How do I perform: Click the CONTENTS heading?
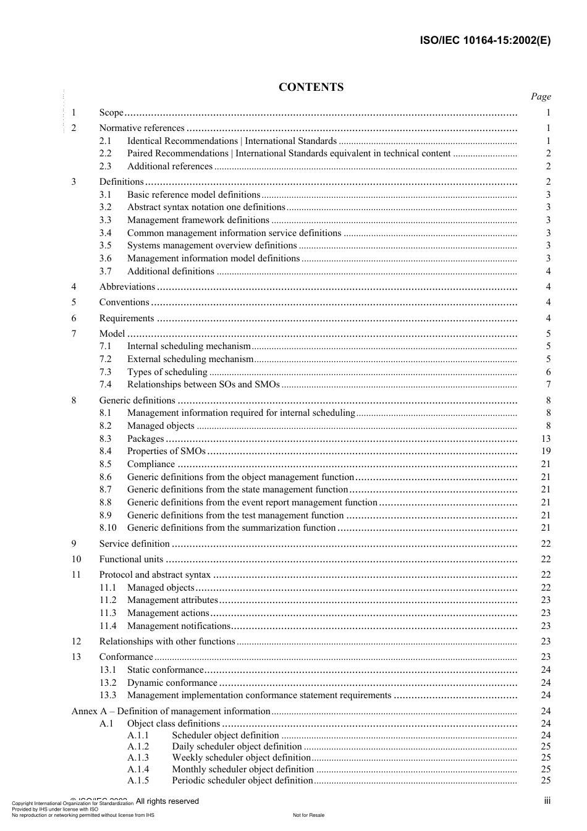[x=311, y=87]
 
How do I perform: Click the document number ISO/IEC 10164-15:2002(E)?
[x=485, y=41]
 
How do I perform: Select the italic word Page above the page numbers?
[x=541, y=96]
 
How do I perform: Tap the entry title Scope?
[x=111, y=112]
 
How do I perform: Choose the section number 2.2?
[x=106, y=153]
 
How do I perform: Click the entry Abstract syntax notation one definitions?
[x=206, y=207]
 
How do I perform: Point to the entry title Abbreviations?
[x=127, y=287]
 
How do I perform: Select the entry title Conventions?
[x=124, y=302]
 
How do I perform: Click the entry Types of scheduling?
[x=167, y=372]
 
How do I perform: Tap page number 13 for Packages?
[x=546, y=439]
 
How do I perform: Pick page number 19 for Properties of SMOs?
[x=546, y=451]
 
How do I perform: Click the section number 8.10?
[x=108, y=528]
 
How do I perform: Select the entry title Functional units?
[x=131, y=559]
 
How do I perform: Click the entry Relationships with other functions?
[x=167, y=641]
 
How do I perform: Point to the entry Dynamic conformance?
[x=172, y=683]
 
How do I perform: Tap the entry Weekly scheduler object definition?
[x=241, y=757]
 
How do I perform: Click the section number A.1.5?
[x=138, y=780]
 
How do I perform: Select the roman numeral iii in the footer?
[x=547, y=801]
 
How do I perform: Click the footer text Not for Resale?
[x=308, y=815]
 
